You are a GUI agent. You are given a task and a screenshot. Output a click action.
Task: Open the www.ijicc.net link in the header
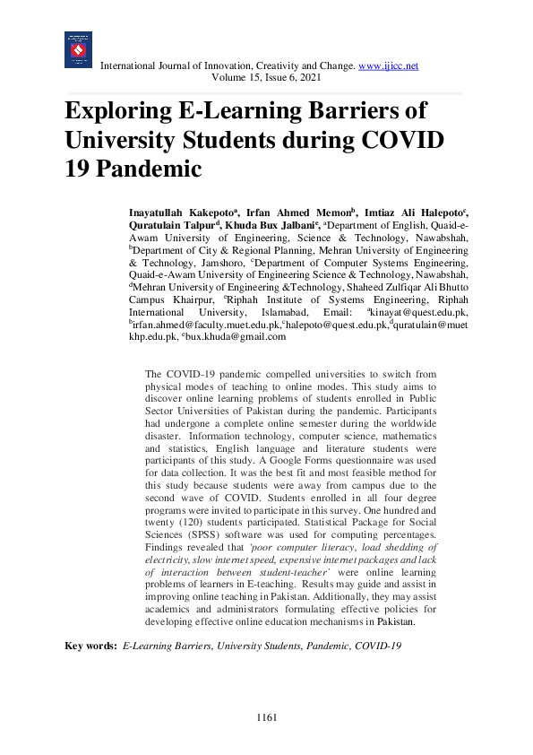click(x=388, y=65)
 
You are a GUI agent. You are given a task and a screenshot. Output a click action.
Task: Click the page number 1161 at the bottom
click(x=266, y=717)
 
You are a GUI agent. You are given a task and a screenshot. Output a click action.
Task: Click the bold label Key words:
click(x=90, y=646)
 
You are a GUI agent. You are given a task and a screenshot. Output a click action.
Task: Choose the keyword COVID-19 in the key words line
click(x=378, y=646)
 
